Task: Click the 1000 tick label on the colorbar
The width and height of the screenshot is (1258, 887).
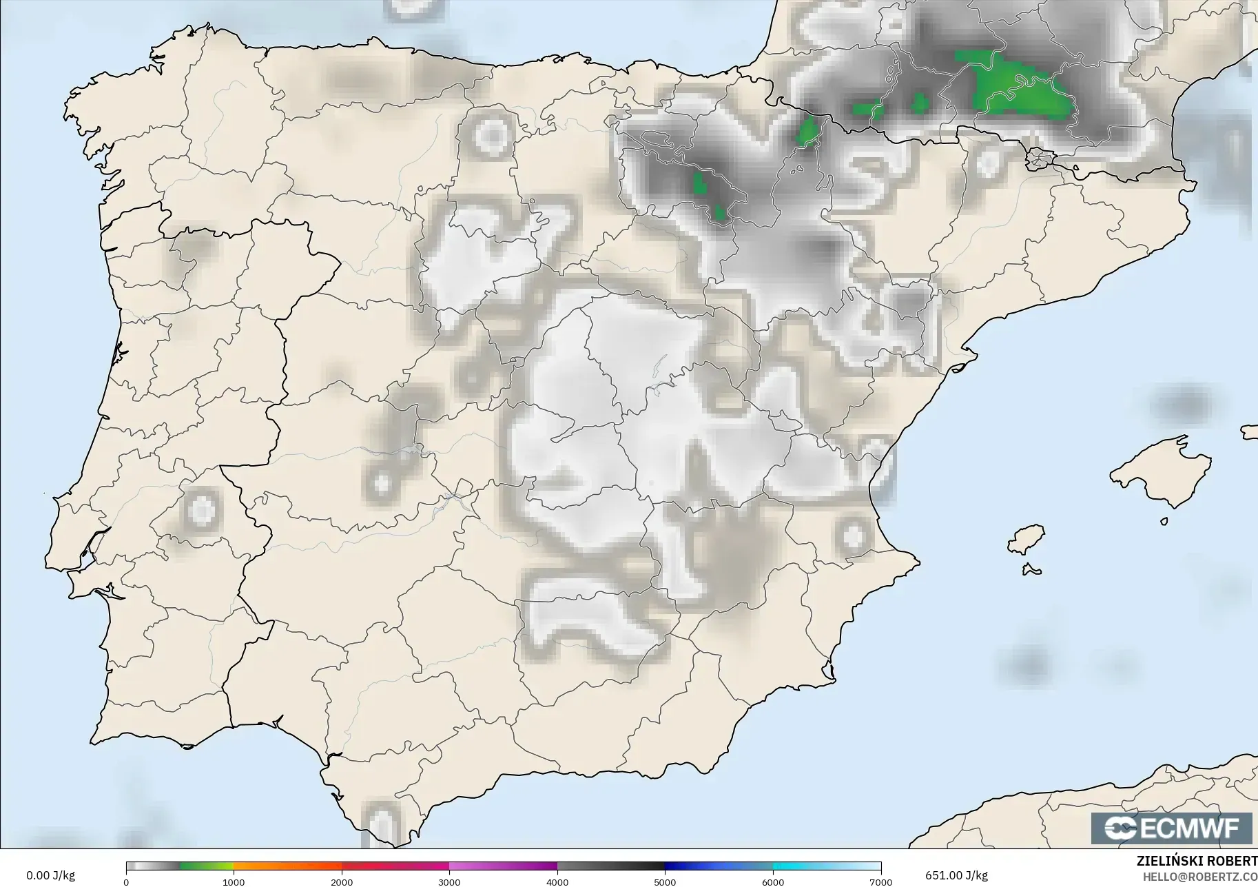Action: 234,881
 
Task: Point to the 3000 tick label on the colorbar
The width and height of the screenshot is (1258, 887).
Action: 449,881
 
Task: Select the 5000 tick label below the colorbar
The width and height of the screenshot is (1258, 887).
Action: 665,881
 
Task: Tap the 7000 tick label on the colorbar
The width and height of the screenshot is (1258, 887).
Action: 880,881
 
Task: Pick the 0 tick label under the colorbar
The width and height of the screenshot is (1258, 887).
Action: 126,881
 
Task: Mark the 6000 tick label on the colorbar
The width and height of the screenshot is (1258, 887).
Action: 773,881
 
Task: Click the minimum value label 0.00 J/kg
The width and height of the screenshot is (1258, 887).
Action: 50,875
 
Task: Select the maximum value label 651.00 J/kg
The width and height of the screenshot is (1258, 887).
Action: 956,875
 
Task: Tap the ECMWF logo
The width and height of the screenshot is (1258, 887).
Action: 1171,828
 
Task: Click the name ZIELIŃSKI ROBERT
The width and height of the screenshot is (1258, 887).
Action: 1197,861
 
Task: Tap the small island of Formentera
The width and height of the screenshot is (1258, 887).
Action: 1031,569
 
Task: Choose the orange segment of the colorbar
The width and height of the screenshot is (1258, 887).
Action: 287,867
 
